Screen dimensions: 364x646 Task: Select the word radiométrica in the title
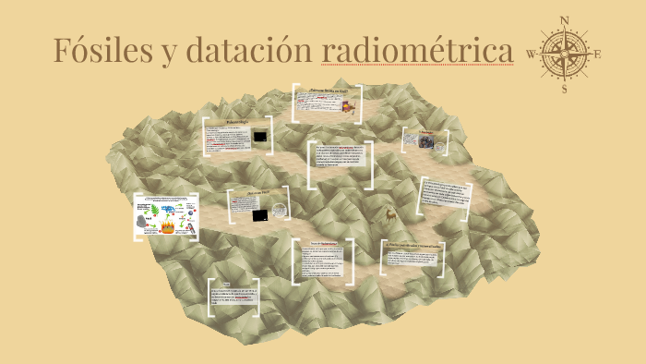coord(417,50)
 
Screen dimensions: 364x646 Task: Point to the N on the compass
coord(565,20)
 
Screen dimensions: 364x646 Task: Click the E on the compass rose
coord(598,54)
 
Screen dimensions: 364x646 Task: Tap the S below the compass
coord(565,90)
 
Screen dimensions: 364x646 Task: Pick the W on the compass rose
coord(531,54)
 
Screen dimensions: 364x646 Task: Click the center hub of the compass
coord(565,54)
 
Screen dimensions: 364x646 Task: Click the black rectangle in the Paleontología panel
coord(262,137)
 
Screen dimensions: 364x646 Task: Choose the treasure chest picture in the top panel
coord(346,107)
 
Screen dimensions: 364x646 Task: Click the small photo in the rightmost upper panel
coord(426,142)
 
